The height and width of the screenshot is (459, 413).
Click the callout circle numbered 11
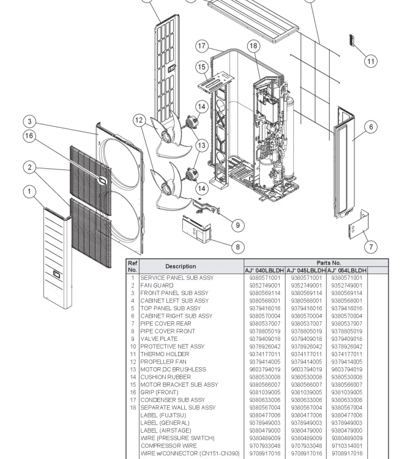click(x=370, y=61)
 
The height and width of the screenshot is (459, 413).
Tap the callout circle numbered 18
click(x=253, y=46)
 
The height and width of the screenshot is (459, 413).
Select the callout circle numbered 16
click(x=29, y=136)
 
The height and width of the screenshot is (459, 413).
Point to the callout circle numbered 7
click(x=371, y=247)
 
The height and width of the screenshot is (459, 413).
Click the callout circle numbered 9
click(x=239, y=225)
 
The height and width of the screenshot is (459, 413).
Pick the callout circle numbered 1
click(x=29, y=192)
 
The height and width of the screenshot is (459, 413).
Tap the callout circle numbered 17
click(x=203, y=46)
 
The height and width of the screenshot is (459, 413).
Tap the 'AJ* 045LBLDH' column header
click(x=306, y=270)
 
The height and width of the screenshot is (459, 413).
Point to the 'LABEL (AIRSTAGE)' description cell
click(x=165, y=430)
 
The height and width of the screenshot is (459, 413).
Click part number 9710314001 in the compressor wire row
click(x=347, y=446)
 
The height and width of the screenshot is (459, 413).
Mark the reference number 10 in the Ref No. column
click(x=132, y=346)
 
